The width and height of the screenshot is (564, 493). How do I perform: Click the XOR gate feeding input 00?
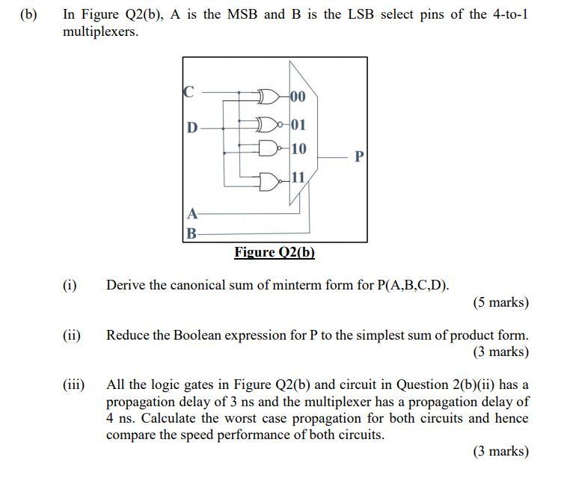pos(268,96)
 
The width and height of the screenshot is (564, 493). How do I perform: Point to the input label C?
pos(188,92)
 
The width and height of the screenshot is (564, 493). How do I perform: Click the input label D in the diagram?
pos(192,128)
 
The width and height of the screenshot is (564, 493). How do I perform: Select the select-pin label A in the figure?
pos(191,213)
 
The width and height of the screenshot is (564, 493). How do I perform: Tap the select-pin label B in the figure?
pos(191,233)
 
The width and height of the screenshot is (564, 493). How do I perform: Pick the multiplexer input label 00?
pos(297,97)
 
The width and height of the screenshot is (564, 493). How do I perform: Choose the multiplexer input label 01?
pos(297,123)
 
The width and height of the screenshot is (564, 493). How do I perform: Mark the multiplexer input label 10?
pos(298,149)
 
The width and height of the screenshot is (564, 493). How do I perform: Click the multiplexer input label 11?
pos(297,177)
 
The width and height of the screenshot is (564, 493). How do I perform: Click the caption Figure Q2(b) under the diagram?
pos(275,252)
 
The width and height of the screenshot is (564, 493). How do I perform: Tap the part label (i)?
pos(70,285)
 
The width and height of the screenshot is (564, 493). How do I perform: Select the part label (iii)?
pos(73,385)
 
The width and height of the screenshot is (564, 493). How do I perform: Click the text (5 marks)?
pos(500,303)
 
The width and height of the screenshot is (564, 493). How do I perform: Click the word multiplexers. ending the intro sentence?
pos(101,33)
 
